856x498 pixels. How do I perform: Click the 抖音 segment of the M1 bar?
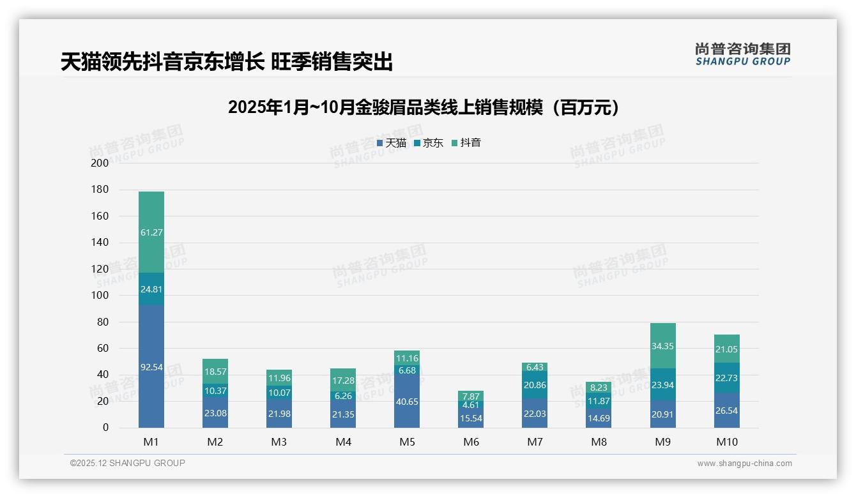151,232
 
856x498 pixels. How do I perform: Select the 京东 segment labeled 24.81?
151,289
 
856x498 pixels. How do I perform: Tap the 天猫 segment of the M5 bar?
407,401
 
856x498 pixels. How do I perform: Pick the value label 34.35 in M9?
663,346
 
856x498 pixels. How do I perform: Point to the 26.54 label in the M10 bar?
727,411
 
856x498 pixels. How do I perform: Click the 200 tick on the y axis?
100,163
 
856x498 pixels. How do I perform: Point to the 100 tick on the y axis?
100,296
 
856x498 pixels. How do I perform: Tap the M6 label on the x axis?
471,442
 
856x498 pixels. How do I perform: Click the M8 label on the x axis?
599,442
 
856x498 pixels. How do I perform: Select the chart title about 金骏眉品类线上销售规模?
424,107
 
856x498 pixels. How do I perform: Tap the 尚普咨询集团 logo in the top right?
742,54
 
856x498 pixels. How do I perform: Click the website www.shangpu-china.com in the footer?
744,464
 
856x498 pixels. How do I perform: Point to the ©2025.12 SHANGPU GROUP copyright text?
128,463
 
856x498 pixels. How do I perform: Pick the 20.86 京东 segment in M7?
535,385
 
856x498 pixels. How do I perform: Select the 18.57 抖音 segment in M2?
215,371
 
